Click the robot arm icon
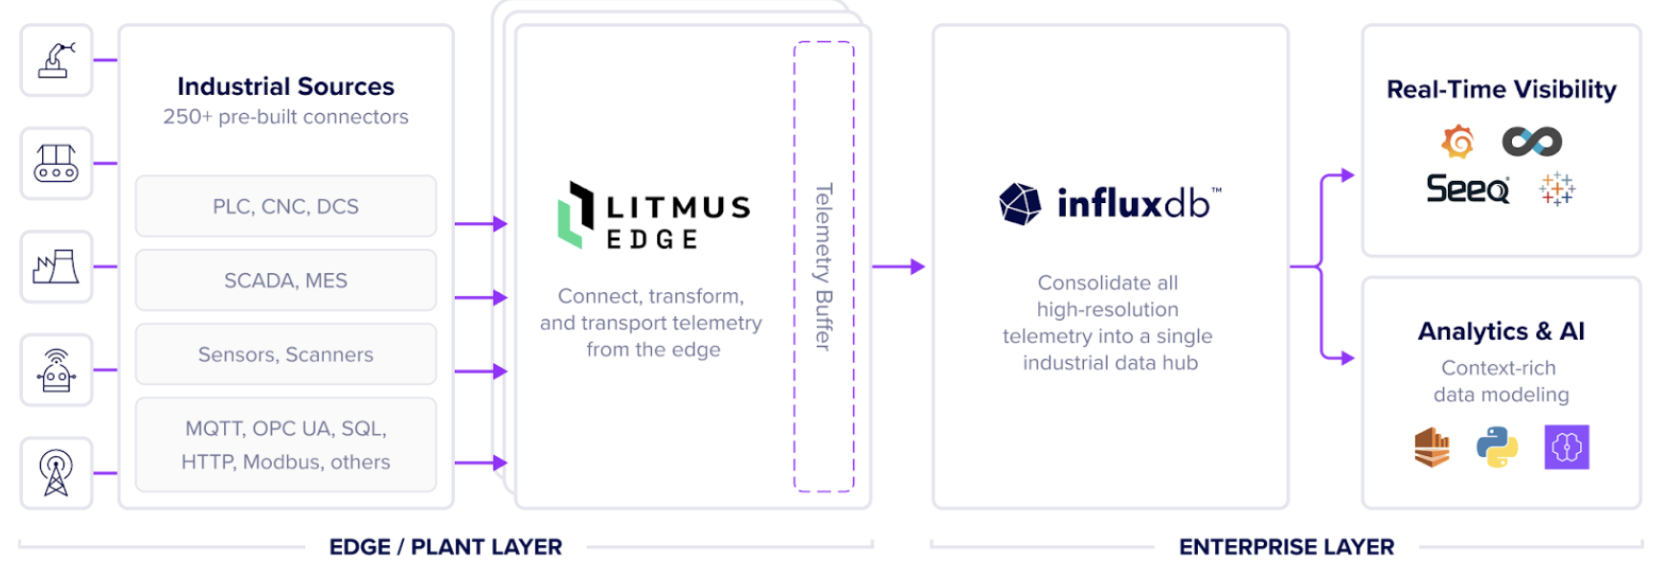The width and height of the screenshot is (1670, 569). [x=56, y=60]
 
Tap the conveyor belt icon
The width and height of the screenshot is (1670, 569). [x=56, y=163]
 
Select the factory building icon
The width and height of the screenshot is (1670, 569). [x=56, y=266]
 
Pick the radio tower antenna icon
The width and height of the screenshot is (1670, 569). [x=56, y=473]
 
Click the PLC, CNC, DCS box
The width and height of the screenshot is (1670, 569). [x=285, y=206]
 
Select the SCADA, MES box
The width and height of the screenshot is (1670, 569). [x=285, y=280]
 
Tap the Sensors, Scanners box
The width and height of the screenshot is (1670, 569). [x=285, y=354]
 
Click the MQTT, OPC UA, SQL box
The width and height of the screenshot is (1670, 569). [x=285, y=444]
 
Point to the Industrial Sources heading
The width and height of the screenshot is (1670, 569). [x=285, y=86]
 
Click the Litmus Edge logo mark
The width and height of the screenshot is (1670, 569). [x=575, y=216]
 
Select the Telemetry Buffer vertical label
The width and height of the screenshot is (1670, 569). [x=823, y=266]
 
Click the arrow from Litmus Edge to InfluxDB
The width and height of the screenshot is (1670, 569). [x=898, y=266]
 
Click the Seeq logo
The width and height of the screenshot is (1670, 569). [x=1467, y=189]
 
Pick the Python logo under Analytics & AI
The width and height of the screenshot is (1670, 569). [x=1497, y=447]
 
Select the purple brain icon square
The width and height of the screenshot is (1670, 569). [x=1567, y=447]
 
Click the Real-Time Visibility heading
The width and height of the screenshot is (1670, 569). [x=1501, y=89]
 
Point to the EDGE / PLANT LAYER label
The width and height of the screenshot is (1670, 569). [x=445, y=547]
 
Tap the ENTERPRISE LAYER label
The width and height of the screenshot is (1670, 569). [x=1286, y=547]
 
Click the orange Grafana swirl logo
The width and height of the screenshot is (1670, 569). [x=1457, y=142]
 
